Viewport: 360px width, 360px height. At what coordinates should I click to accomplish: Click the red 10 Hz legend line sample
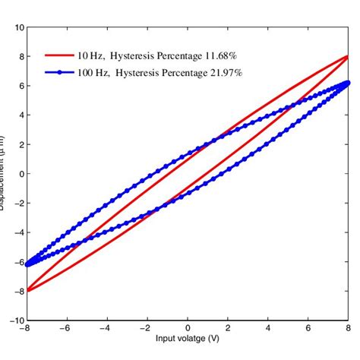pyautogui.click(x=58, y=55)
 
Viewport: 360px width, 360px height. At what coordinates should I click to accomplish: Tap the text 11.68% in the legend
pyautogui.click(x=225, y=55)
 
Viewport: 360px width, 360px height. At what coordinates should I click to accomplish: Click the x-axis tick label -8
pyautogui.click(x=27, y=328)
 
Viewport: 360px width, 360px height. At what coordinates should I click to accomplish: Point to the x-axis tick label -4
pyautogui.click(x=106, y=328)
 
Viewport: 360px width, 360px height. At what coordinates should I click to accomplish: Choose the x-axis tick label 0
pyautogui.click(x=188, y=328)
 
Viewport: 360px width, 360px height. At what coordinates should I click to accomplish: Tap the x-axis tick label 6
pyautogui.click(x=308, y=328)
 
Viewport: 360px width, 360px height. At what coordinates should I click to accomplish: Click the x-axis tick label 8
pyautogui.click(x=347, y=328)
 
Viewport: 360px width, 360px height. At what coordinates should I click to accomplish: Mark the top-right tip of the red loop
pyautogui.click(x=347, y=55)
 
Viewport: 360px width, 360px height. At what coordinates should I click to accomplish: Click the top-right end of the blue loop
pyautogui.click(x=347, y=82)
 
